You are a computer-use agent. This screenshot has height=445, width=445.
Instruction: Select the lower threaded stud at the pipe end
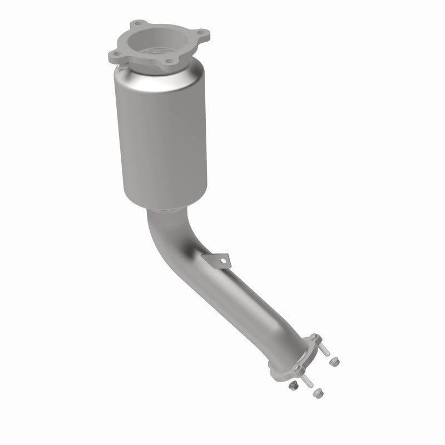308,382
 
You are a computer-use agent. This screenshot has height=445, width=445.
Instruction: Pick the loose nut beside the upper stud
335,362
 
